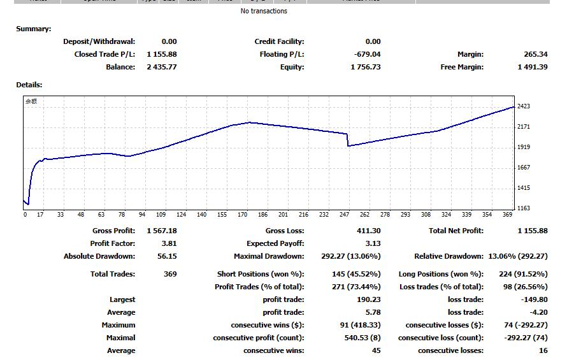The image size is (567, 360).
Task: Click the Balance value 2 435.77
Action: [x=162, y=67]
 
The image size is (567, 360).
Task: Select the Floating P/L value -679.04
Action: [x=367, y=54]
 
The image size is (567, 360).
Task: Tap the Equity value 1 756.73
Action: [x=365, y=67]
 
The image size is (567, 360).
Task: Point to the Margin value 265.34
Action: [x=535, y=54]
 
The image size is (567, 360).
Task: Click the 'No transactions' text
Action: [x=264, y=11]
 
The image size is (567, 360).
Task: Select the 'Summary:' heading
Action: [x=34, y=29]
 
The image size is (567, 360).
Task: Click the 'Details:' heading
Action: [x=29, y=85]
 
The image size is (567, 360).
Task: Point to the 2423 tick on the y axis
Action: [x=524, y=106]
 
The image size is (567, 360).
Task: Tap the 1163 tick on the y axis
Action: [x=524, y=208]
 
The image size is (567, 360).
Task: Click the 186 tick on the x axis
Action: [x=262, y=215]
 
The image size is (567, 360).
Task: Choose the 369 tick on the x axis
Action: [x=507, y=215]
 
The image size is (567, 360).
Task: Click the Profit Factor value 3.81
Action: [x=169, y=243]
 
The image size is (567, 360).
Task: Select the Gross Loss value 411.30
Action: [x=368, y=231]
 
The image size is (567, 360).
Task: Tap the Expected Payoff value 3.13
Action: [x=373, y=243]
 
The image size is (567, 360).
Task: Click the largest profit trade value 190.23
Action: [x=369, y=299]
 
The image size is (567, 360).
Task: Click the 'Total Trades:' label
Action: [x=113, y=274]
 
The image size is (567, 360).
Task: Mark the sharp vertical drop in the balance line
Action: [x=348, y=140]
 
